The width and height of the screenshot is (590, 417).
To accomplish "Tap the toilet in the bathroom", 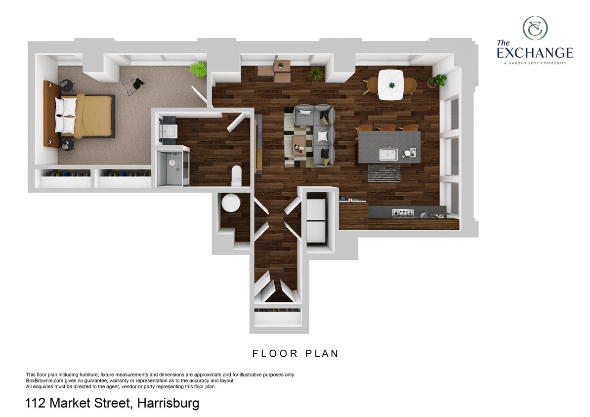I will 236,175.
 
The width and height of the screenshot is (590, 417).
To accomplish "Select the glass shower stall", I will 172,168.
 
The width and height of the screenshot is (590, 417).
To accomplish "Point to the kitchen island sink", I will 388,154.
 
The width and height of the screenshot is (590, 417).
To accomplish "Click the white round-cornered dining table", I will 391,84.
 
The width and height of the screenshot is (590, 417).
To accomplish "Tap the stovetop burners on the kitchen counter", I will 402,213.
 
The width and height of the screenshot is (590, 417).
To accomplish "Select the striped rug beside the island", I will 384,173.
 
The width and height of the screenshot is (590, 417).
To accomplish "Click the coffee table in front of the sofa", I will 298,145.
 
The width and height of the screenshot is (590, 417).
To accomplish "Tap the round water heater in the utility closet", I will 230,203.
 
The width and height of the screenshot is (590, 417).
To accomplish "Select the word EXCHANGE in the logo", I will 535,53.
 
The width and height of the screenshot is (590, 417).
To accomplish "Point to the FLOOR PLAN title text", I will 295,354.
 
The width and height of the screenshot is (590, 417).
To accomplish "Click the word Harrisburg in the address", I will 169,404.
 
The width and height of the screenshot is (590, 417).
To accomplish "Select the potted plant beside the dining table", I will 438,80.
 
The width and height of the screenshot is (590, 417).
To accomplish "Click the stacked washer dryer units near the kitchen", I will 316,220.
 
